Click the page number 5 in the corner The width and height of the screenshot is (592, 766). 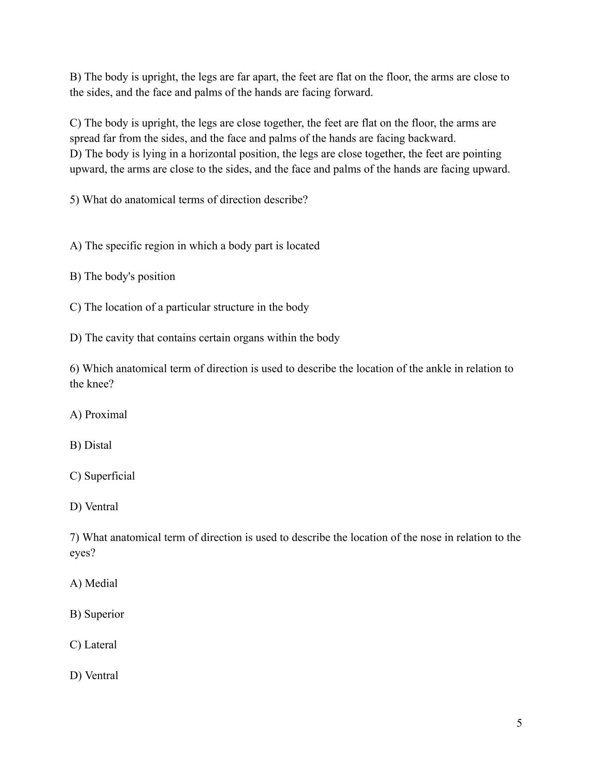519,723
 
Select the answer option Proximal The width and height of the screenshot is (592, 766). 98,415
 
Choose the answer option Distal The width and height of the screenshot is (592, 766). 91,445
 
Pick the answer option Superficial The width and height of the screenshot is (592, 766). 102,476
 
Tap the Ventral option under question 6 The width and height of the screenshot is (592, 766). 94,506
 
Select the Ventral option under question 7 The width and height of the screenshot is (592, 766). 94,675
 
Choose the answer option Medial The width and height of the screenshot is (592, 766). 94,583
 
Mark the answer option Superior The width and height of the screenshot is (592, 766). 97,614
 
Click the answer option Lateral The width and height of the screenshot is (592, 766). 93,645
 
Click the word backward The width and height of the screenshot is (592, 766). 431,138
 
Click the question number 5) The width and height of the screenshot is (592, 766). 75,200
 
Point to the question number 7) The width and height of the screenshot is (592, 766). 75,537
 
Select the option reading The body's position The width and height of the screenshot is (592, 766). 123,276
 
